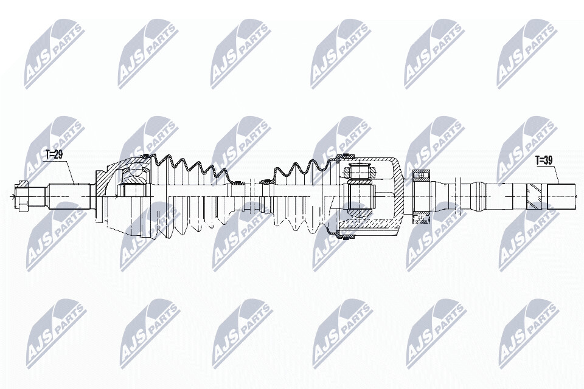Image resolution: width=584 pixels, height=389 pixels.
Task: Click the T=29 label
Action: (x=54, y=154)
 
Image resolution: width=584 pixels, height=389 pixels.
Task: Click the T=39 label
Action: (x=544, y=161)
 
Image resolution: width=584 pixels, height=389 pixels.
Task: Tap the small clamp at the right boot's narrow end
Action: (x=266, y=181)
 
